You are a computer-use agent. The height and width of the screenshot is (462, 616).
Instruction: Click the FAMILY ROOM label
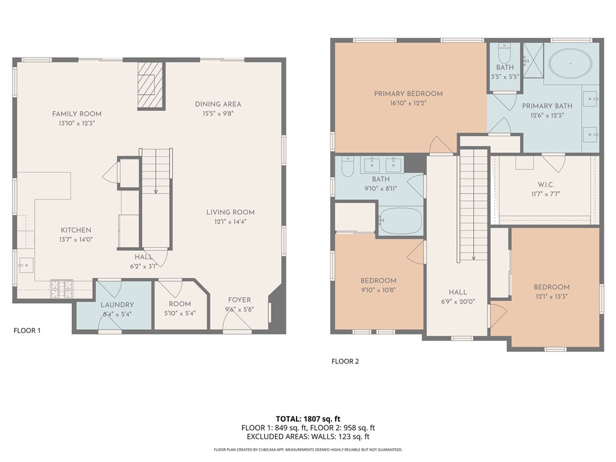click(76, 114)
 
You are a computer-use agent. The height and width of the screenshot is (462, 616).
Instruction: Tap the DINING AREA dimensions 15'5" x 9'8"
click(218, 114)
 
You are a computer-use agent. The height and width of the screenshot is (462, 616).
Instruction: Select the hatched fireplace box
click(150, 85)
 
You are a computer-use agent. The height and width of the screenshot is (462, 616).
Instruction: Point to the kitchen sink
click(26, 265)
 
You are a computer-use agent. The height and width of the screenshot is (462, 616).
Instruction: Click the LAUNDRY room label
click(117, 304)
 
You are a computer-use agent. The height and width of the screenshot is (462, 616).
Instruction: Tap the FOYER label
click(239, 300)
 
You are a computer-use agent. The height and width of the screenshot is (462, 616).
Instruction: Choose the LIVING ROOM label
click(230, 212)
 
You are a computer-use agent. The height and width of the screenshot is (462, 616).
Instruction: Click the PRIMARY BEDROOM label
click(408, 93)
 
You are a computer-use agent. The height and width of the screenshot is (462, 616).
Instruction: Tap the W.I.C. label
click(546, 184)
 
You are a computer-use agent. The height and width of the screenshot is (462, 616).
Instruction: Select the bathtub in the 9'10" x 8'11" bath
click(401, 221)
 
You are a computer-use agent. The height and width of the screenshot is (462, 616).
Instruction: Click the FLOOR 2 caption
click(345, 362)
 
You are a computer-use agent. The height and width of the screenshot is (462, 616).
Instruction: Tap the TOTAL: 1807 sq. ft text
click(308, 419)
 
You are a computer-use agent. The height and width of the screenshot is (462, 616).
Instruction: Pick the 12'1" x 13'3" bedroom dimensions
click(552, 297)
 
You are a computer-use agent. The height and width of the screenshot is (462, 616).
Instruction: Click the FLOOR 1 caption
click(27, 330)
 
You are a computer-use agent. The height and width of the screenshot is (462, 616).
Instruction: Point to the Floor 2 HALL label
click(458, 292)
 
